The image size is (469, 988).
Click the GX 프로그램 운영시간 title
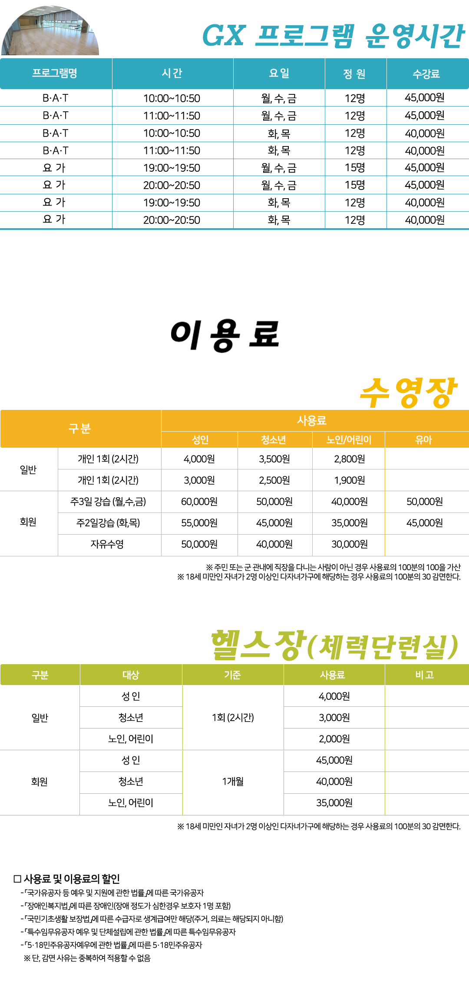coord(334,36)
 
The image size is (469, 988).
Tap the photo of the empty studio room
coord(50,30)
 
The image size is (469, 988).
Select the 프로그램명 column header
coord(55,73)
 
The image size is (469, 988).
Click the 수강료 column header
coord(426,74)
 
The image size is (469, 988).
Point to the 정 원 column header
coord(354,74)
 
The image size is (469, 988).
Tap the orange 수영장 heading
coord(408,393)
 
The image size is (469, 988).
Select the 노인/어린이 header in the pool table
coord(349,440)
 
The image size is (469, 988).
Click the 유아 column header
coord(423,440)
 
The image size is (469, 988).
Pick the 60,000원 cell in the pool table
coord(199,502)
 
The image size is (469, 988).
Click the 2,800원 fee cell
coord(350,459)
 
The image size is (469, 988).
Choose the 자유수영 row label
coord(107,544)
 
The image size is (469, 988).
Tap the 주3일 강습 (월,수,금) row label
coord(108,502)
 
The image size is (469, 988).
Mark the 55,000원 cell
coord(199,523)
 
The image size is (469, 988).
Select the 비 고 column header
coord(425,675)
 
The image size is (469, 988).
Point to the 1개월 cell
coord(233,782)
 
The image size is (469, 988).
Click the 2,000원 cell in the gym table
coord(334,739)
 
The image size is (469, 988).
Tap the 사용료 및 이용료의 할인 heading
coord(67,879)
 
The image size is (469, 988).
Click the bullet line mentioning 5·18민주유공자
coord(112,945)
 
